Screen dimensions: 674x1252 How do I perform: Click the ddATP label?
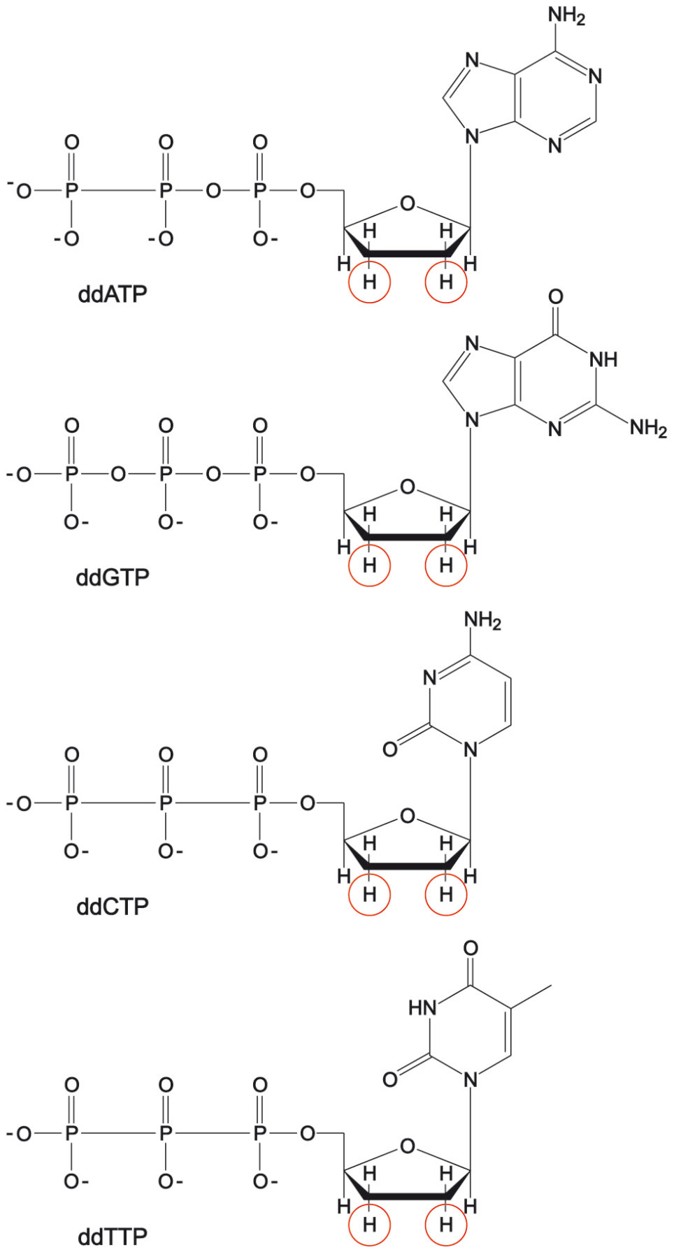tap(113, 294)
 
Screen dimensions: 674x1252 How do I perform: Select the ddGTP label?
tap(113, 577)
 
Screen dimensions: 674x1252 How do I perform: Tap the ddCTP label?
tap(113, 907)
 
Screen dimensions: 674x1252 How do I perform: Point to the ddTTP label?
tap(113, 1237)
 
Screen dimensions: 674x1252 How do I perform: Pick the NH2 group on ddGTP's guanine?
tap(649, 428)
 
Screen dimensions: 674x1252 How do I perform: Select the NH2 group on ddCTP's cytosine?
tap(482, 620)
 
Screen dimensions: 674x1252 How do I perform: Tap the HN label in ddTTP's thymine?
tap(422, 1007)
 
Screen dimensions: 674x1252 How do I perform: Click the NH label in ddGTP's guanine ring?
tap(603, 359)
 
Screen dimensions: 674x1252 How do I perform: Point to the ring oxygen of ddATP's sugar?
tap(407, 204)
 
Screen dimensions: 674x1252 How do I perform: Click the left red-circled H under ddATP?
tap(369, 282)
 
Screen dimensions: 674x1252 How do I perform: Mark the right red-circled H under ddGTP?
tap(446, 565)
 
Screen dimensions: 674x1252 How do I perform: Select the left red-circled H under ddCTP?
tap(369, 894)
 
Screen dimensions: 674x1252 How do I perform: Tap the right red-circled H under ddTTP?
tap(446, 1224)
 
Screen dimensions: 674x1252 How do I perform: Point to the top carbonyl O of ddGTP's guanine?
tap(555, 297)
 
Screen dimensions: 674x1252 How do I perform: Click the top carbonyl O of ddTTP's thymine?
tap(471, 949)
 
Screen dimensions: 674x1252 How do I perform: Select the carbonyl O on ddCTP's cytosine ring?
tap(390, 749)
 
